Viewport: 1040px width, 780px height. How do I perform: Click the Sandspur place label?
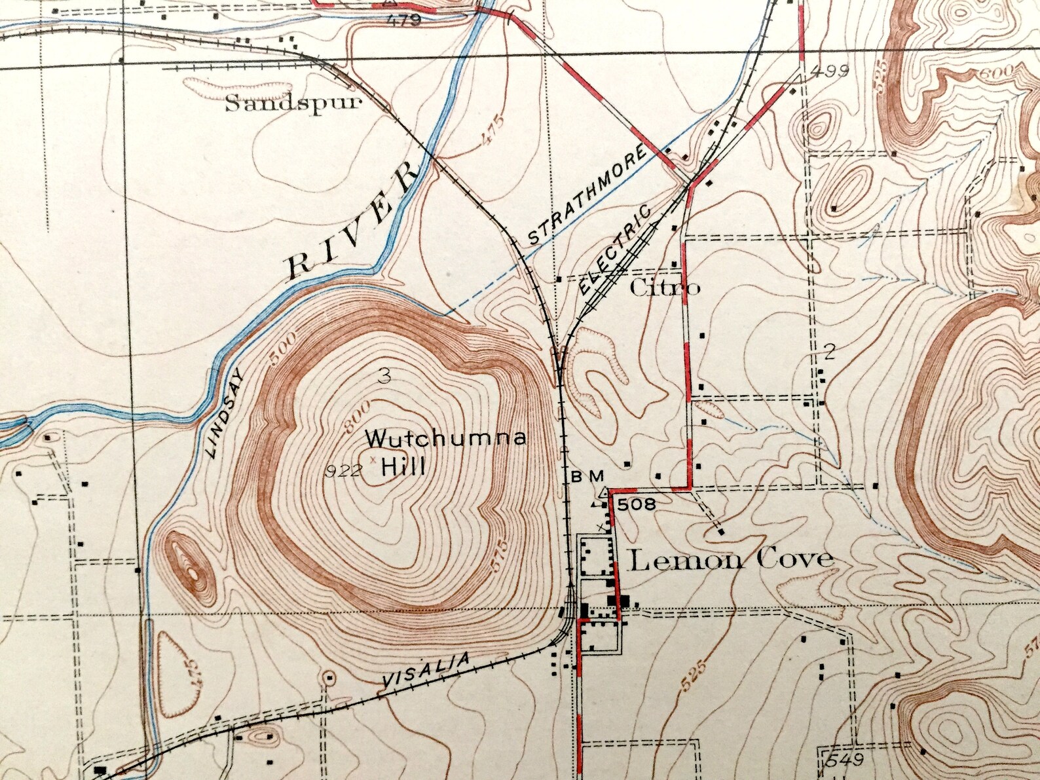293,103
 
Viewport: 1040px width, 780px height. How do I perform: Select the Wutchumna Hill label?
445,451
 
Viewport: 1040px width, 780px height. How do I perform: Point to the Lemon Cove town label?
731,559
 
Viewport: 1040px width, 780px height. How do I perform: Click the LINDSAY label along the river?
225,413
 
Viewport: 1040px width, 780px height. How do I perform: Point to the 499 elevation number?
829,71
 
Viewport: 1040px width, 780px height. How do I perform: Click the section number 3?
384,376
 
